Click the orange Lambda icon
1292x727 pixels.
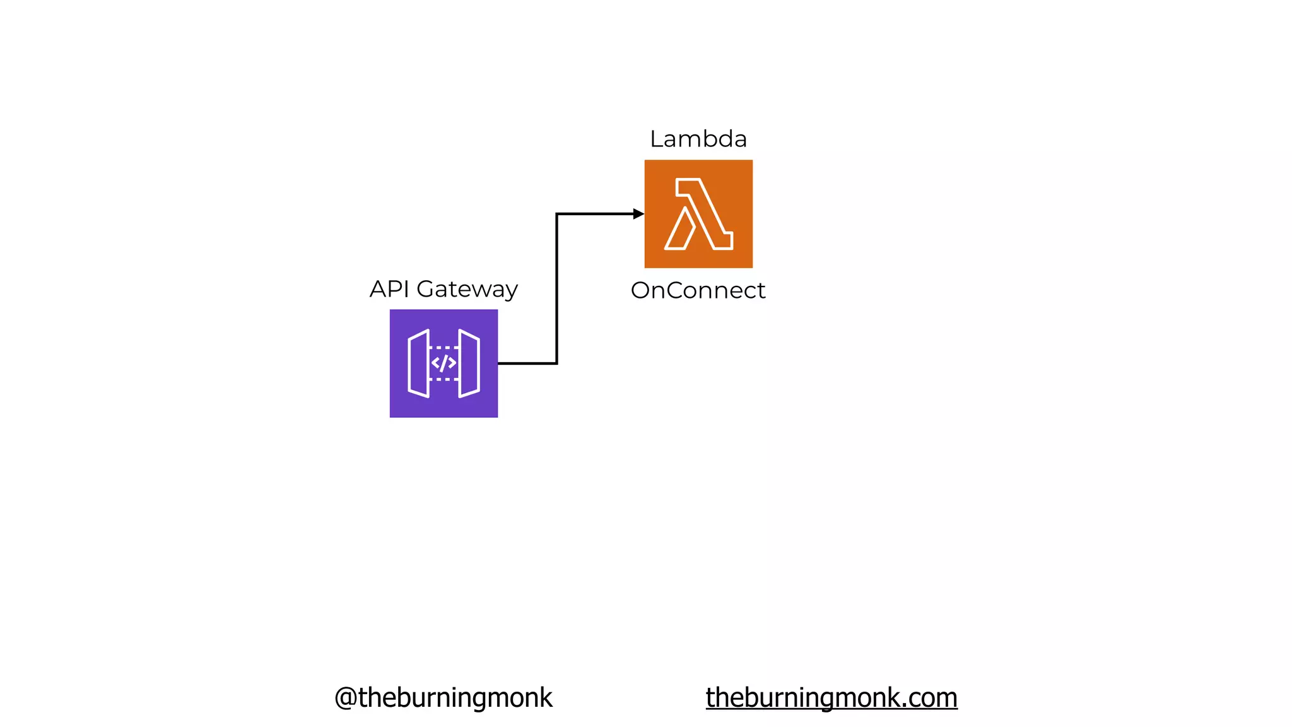pos(698,213)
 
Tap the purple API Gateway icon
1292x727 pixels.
pos(443,363)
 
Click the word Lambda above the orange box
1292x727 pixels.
pos(698,139)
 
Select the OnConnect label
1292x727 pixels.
pos(698,290)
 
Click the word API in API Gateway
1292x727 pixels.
pos(389,289)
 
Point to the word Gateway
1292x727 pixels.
pos(467,290)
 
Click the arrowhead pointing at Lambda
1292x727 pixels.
pos(638,214)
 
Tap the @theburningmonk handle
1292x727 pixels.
pos(443,697)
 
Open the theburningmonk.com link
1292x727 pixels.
pos(831,697)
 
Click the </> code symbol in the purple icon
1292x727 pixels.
pos(443,363)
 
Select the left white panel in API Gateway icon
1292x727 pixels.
pos(419,363)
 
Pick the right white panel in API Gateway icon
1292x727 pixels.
pos(469,363)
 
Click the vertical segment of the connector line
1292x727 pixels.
pos(556,289)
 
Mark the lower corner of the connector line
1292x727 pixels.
pos(556,363)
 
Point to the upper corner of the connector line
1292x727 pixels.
pos(556,215)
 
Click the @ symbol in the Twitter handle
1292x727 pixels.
pos(346,698)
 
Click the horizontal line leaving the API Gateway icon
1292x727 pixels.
pos(527,363)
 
